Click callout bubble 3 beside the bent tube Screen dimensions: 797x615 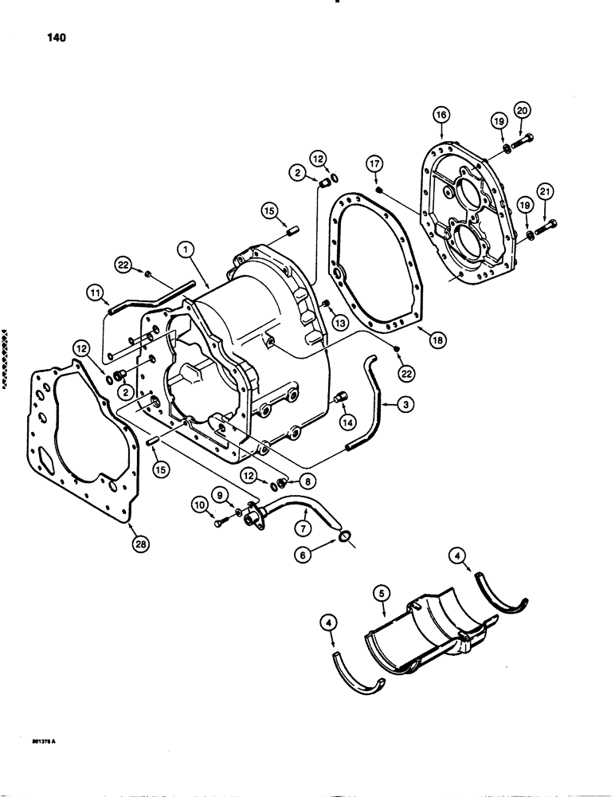coord(406,406)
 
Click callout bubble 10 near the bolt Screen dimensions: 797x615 coord(198,504)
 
